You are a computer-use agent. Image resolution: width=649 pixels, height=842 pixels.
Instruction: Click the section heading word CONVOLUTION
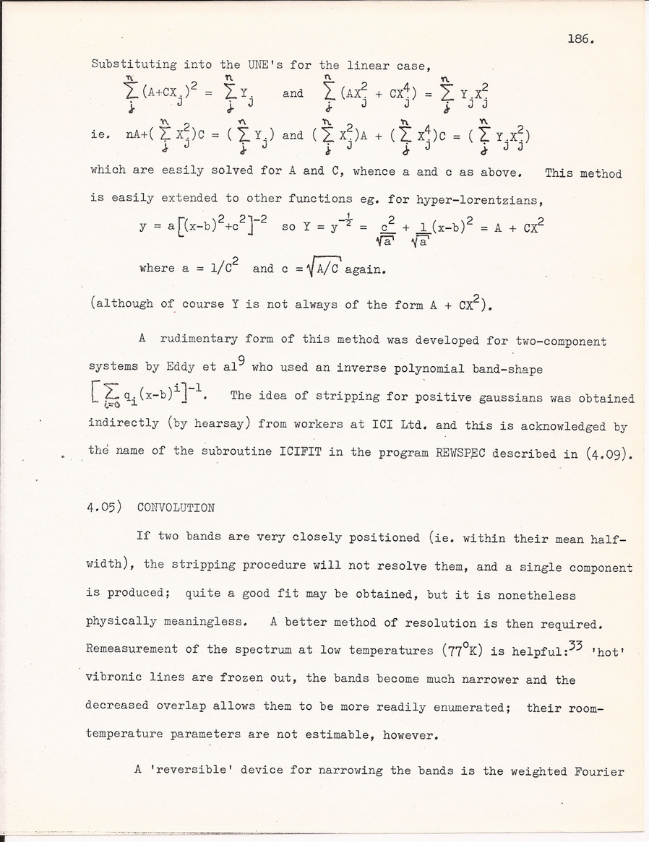click(x=176, y=508)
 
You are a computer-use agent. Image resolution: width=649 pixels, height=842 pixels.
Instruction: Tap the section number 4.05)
click(x=105, y=508)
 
